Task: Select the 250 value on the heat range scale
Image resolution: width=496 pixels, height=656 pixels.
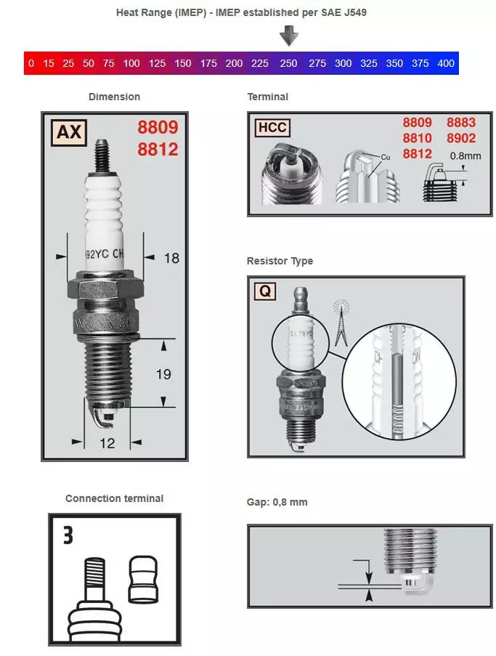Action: click(x=288, y=63)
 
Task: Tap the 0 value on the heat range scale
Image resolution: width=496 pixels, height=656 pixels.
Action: click(x=31, y=63)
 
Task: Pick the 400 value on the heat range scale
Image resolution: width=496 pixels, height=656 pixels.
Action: click(x=445, y=63)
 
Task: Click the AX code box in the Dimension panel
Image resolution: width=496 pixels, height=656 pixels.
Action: click(x=68, y=132)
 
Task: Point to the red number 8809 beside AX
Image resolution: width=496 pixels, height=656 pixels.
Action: click(x=158, y=128)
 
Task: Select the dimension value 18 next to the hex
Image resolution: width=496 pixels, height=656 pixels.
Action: click(x=171, y=257)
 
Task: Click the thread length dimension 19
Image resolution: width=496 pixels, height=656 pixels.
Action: click(x=164, y=373)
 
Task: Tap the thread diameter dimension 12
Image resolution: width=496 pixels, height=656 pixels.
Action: click(x=107, y=443)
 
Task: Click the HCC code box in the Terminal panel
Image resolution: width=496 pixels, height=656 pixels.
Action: click(x=272, y=128)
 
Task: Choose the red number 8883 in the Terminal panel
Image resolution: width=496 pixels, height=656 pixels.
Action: click(x=460, y=123)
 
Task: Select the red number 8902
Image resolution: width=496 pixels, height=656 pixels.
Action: click(x=460, y=138)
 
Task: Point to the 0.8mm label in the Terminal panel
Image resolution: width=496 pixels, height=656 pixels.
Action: click(x=465, y=155)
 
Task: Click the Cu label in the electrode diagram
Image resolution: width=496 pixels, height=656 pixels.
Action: click(x=386, y=156)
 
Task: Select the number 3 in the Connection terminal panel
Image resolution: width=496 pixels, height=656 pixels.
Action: click(x=68, y=536)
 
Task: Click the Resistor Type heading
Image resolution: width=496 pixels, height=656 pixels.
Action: click(x=280, y=261)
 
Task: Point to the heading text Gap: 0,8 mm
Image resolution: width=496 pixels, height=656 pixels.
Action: click(x=277, y=502)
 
